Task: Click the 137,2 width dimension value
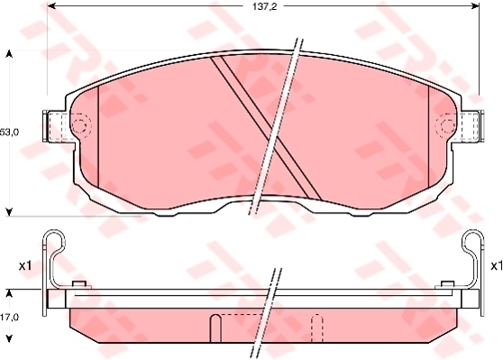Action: [x=264, y=6]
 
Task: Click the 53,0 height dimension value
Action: [x=10, y=132]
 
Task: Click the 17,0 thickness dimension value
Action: [x=10, y=318]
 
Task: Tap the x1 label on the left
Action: [x=25, y=265]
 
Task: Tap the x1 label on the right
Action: [x=497, y=265]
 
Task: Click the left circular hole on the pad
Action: [x=79, y=125]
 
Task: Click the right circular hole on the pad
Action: [x=446, y=125]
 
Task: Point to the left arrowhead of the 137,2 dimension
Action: [x=51, y=5]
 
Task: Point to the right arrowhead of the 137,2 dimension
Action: [x=475, y=5]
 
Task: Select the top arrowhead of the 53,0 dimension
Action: [x=10, y=54]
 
